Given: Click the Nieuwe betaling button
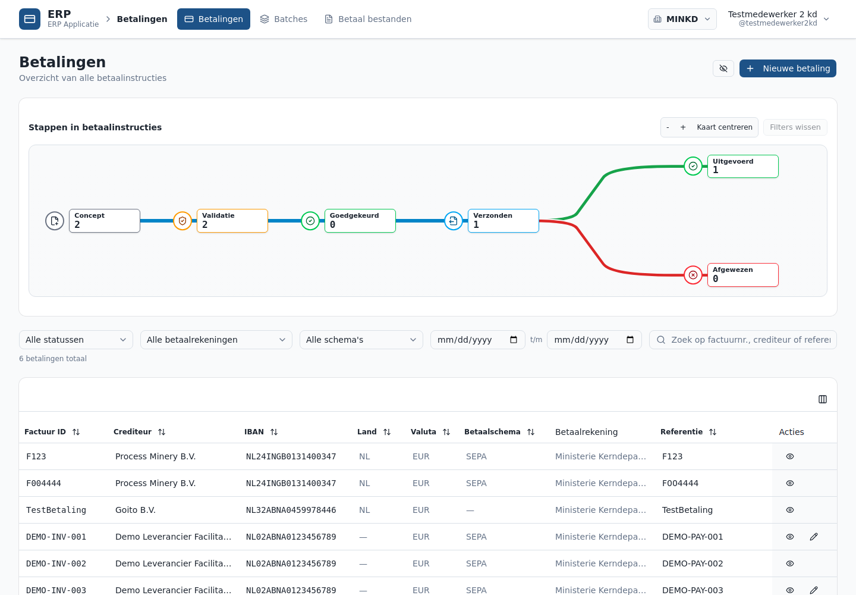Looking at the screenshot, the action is (788, 68).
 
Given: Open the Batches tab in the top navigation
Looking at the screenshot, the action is (284, 19).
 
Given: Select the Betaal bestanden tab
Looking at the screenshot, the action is (367, 19).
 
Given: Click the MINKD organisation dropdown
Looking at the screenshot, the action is (682, 19).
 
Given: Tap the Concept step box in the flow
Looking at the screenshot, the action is (105, 221).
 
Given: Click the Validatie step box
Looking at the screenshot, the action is (232, 221).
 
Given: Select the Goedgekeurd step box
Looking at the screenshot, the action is (360, 221).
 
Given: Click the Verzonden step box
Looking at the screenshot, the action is (503, 221).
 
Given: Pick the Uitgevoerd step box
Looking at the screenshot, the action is (743, 167).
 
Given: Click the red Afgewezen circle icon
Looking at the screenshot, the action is (693, 275).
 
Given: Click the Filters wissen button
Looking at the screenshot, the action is (795, 127).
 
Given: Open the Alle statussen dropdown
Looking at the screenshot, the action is (76, 340).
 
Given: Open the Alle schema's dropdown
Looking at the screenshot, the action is (361, 340).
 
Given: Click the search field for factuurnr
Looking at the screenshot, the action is (743, 340).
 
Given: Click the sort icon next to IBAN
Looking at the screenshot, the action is (274, 432).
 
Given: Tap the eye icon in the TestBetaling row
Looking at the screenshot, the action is (790, 510).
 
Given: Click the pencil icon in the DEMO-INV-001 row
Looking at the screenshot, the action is (814, 537).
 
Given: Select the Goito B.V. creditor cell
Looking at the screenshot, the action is (136, 510).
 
